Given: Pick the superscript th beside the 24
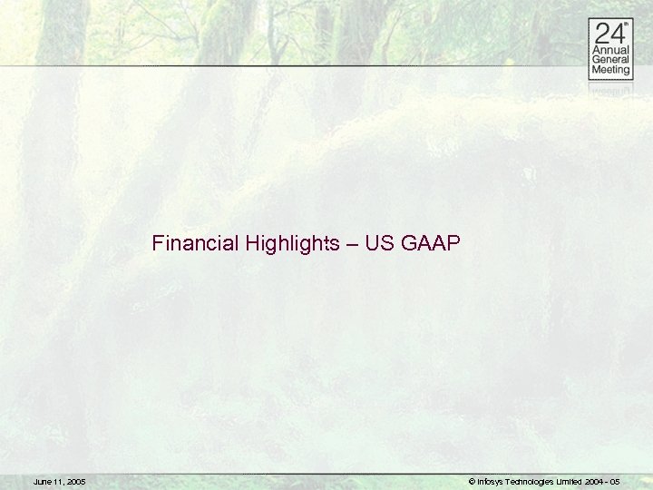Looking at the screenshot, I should click(x=625, y=26).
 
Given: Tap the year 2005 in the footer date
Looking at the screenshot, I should click(x=75, y=481).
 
